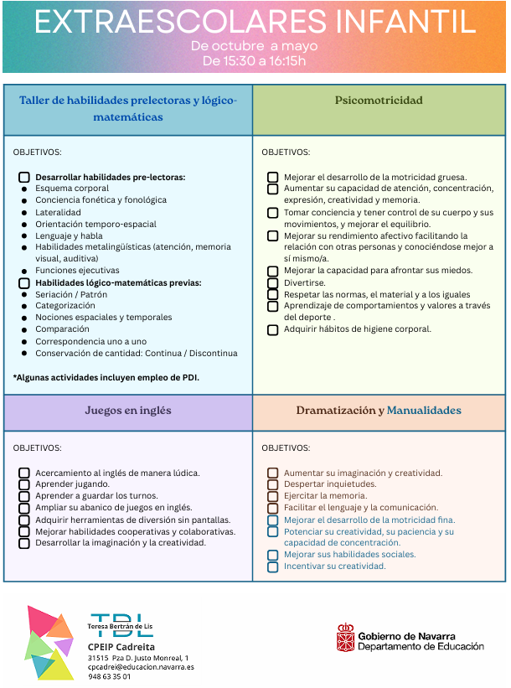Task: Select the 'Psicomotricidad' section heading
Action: [379, 101]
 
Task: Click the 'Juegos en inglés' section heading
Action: [127, 411]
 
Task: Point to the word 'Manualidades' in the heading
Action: [424, 411]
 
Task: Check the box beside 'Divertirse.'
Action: [273, 283]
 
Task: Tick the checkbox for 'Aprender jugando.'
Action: [24, 484]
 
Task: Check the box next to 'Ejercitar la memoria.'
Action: [273, 496]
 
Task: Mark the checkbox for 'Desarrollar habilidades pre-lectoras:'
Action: [24, 178]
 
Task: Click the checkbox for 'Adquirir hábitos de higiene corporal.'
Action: [273, 329]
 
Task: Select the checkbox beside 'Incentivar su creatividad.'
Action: [273, 566]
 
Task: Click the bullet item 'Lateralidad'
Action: [59, 213]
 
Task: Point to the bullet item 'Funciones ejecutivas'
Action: [77, 271]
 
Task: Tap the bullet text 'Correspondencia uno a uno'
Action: [90, 341]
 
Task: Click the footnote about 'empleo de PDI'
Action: [106, 377]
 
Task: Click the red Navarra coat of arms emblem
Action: [345, 638]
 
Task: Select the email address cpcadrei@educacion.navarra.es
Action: [141, 667]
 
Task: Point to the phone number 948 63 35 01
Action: [110, 676]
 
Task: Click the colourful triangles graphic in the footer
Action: [50, 642]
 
